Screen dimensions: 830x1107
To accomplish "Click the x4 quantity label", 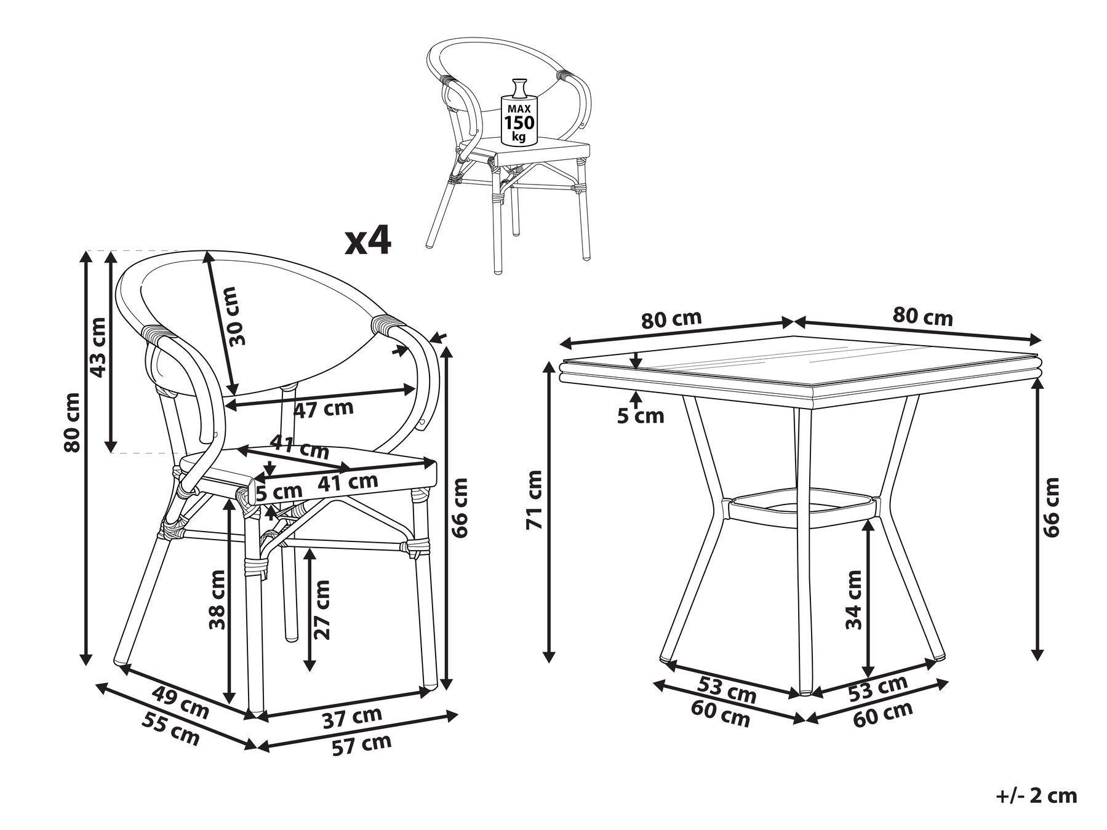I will point(367,241).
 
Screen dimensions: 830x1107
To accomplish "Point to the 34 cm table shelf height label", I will point(853,599).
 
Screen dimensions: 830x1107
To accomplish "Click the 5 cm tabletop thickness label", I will point(641,417).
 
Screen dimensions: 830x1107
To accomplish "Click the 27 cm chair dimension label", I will point(321,609).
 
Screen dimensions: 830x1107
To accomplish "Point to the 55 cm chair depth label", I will point(170,728).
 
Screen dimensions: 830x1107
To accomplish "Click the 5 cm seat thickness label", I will point(279,492).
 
